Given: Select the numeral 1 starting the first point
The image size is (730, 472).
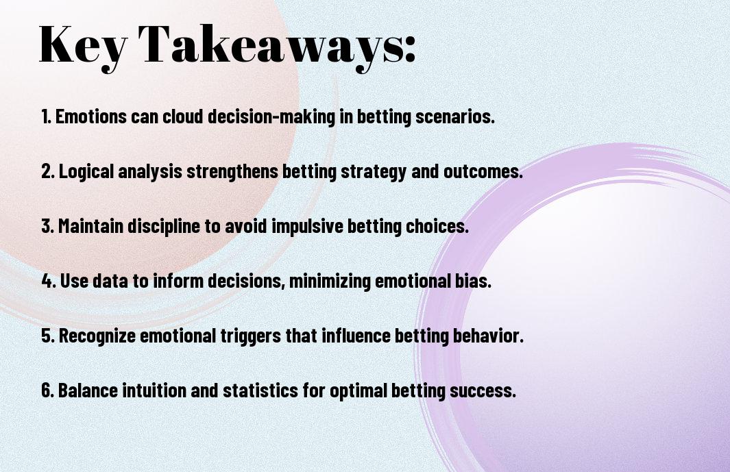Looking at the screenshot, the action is coord(45,116).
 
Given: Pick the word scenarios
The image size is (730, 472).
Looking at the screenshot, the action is coord(454,116).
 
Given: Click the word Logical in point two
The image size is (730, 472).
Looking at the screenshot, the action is coord(86,171).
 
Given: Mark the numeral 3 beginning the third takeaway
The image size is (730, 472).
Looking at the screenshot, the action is coord(46,226).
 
